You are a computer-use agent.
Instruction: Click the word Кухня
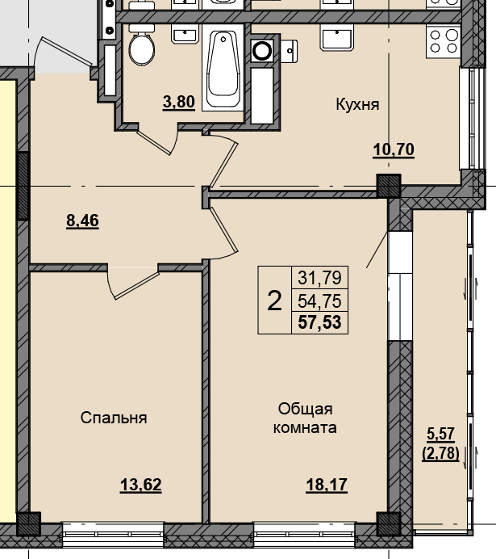pyautogui.click(x=357, y=104)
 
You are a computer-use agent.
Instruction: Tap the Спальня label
pyautogui.click(x=114, y=418)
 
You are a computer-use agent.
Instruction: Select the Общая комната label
pyautogui.click(x=306, y=418)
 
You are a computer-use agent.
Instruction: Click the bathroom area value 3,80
pyautogui.click(x=179, y=102)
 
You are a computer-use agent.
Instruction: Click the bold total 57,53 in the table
pyautogui.click(x=319, y=323)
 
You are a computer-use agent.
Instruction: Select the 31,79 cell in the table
pyautogui.click(x=319, y=279)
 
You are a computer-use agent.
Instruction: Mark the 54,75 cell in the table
pyautogui.click(x=319, y=301)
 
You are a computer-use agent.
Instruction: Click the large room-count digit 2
pyautogui.click(x=274, y=301)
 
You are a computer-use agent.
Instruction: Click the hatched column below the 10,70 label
pyautogui.click(x=389, y=187)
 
